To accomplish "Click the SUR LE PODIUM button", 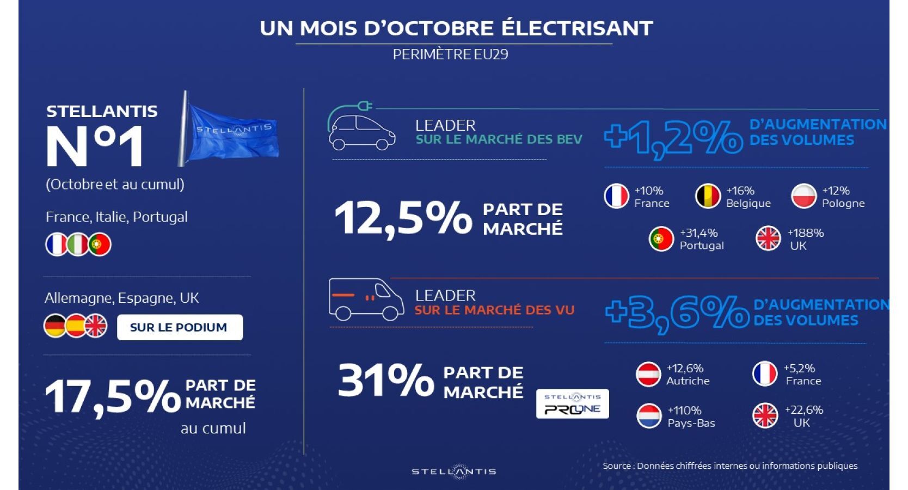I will coord(179,327).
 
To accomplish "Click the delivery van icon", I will coord(365,300).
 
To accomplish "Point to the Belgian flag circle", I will coord(708,197).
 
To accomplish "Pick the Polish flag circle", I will coord(803,197).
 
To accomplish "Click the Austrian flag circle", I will coord(648,375).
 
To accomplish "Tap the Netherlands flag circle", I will coord(648,416).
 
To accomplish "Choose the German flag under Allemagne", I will coord(55,326).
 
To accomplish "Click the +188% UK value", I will coord(805,233).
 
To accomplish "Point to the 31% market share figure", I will coord(385,380).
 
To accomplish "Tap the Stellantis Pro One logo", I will coord(572,404).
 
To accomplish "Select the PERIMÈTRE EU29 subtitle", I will coord(450,54).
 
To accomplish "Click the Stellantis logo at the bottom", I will coord(453,471).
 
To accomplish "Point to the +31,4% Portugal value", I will coord(698,233).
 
